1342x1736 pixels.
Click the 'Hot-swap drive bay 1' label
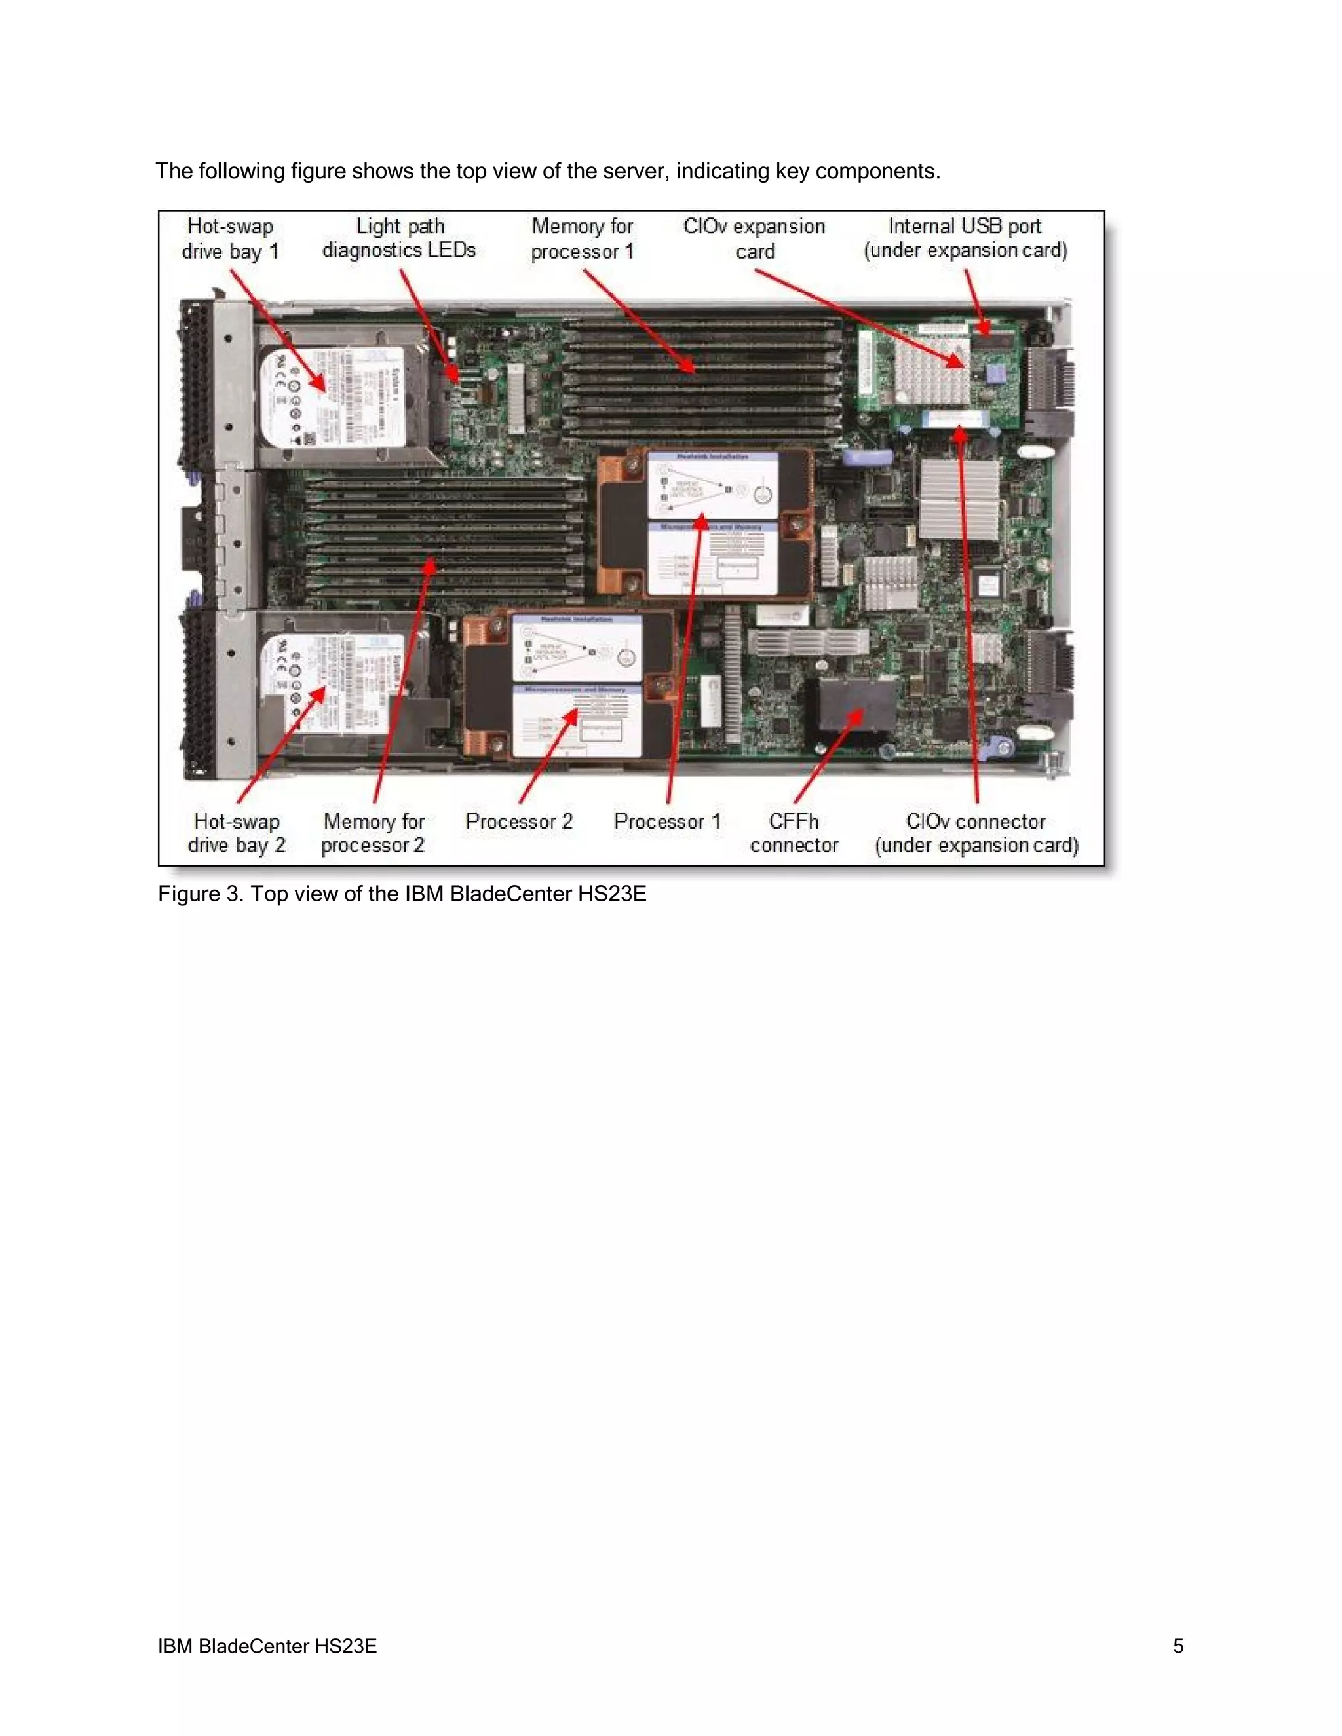230,238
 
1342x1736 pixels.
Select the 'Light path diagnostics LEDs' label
399,238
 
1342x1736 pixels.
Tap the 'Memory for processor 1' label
583,238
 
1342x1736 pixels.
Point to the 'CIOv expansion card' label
754,238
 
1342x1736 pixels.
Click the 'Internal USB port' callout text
965,238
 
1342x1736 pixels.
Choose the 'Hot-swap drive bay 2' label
236,833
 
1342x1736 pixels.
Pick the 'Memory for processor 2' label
373,833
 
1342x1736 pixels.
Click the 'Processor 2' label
519,821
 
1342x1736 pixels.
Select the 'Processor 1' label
667,821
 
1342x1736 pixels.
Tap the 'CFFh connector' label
794,833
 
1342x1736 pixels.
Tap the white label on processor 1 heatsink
712,525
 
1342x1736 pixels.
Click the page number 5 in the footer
1178,1646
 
